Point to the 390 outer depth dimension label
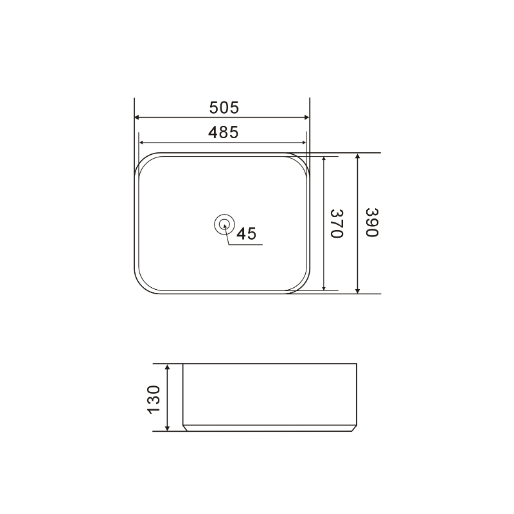coord(371,223)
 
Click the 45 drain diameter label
coord(246,234)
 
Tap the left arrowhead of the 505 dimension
coord(137,118)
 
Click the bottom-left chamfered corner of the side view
coord(184,427)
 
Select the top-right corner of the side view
coord(355,365)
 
